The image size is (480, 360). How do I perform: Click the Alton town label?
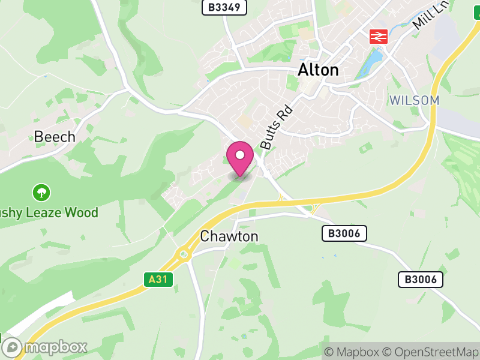pos(318,70)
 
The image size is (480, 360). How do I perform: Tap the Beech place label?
pos(55,137)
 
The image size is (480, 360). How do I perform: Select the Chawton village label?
pos(229,236)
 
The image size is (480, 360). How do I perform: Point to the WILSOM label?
pos(414,100)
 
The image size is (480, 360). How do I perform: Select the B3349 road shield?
pos(224,7)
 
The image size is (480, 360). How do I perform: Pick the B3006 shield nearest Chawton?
pos(344,233)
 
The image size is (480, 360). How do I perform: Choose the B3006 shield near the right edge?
pos(421,279)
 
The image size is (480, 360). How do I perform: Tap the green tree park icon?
pos(41,193)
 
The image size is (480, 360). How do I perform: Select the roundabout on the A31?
pos(183,254)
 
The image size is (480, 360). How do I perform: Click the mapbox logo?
pos(45,347)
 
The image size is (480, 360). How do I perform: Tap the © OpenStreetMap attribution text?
pos(430,352)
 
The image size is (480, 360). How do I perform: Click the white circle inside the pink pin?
pos(240,155)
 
